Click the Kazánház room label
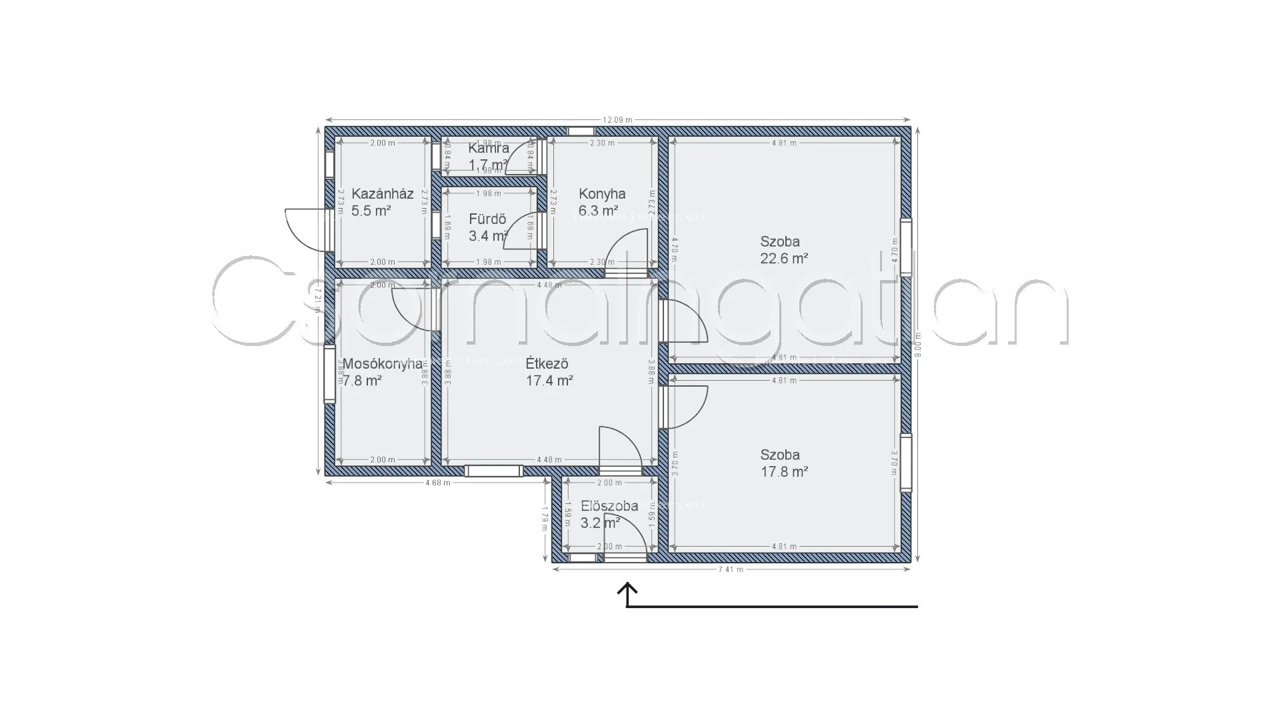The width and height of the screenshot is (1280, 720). [382, 194]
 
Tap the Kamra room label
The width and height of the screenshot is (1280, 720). [488, 148]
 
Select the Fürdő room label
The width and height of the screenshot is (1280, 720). [487, 219]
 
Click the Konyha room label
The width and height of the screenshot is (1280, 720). [601, 194]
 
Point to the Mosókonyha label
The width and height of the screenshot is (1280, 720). [382, 364]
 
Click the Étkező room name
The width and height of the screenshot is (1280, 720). [546, 364]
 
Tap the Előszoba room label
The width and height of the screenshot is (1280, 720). [609, 506]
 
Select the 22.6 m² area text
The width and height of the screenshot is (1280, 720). [784, 259]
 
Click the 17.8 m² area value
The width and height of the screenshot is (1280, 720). [784, 472]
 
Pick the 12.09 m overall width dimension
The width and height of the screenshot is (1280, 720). [617, 120]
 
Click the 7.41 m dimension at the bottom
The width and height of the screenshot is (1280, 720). [731, 569]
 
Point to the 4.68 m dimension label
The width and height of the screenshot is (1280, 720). [437, 483]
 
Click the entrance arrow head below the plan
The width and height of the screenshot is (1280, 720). [627, 588]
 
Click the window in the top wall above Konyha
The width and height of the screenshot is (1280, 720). [581, 131]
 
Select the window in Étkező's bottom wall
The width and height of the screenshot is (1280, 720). [493, 471]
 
